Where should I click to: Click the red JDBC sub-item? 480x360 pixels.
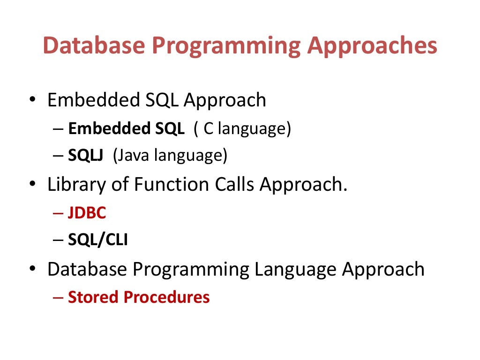click(x=87, y=213)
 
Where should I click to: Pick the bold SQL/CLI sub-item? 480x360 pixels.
click(x=98, y=240)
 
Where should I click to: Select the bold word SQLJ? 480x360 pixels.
click(x=88, y=156)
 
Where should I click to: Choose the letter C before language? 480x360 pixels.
click(x=208, y=129)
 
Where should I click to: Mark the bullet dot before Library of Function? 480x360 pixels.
click(x=32, y=185)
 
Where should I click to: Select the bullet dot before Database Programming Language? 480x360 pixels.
click(x=32, y=270)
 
